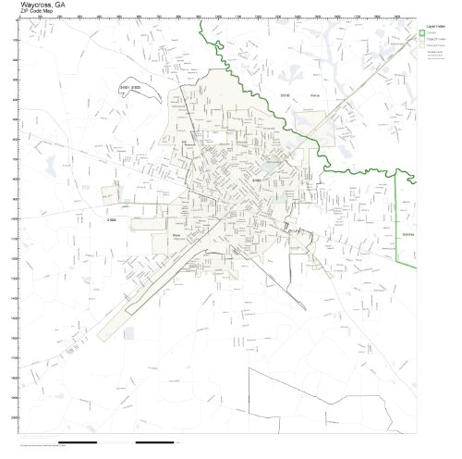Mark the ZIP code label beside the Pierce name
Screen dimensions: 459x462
[286, 93]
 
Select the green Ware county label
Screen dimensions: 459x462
[175, 235]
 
